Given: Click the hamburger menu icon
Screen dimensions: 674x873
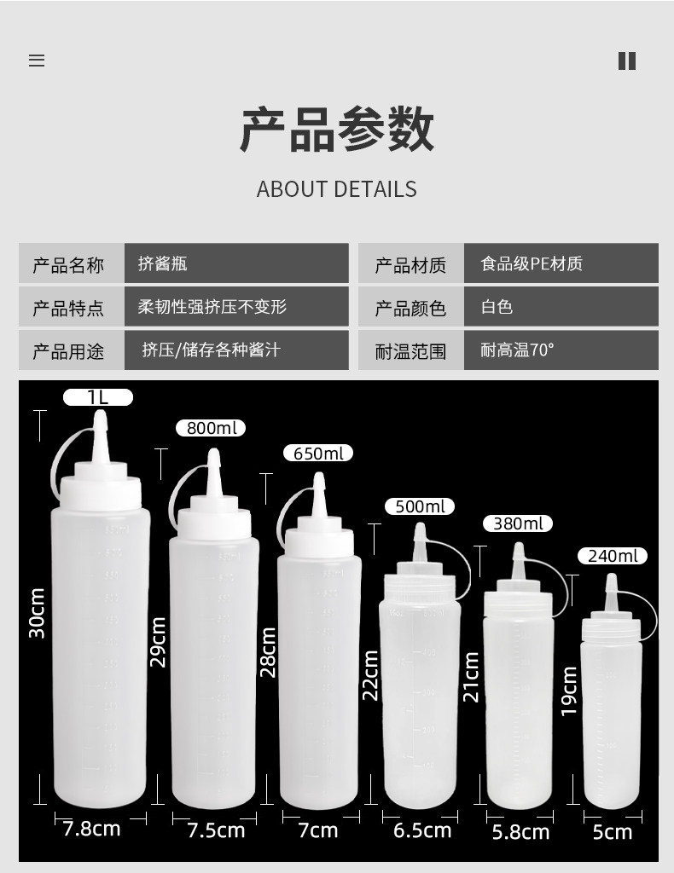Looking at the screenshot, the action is click(x=37, y=61).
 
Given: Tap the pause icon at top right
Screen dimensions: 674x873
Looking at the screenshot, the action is click(x=627, y=61).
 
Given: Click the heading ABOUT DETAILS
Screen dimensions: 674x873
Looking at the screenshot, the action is click(x=337, y=189).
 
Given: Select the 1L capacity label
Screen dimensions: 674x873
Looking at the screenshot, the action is click(x=98, y=397).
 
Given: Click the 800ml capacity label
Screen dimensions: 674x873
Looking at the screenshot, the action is click(x=211, y=428).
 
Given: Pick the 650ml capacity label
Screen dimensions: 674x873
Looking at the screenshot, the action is click(x=318, y=454).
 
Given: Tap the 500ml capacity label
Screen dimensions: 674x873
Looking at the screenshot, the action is click(x=421, y=506).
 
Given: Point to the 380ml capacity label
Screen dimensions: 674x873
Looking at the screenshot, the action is click(x=518, y=523).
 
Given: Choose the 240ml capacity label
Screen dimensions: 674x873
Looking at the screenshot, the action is click(x=613, y=557).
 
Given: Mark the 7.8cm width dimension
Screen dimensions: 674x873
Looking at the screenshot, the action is click(x=91, y=828).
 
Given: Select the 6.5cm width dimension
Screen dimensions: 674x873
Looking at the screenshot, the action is click(x=422, y=830).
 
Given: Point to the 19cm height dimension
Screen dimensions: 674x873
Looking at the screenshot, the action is click(x=570, y=691).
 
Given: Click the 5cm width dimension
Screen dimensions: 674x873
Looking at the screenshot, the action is click(x=613, y=831).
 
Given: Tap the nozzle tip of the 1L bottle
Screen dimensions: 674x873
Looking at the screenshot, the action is click(x=101, y=418).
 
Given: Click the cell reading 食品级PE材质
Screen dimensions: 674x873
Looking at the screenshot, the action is click(x=532, y=264).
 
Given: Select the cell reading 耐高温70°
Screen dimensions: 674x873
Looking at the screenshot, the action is click(x=517, y=350).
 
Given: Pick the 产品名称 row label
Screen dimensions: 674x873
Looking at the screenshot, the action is click(x=68, y=265).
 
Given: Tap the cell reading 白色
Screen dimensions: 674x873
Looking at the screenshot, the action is click(x=497, y=307).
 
